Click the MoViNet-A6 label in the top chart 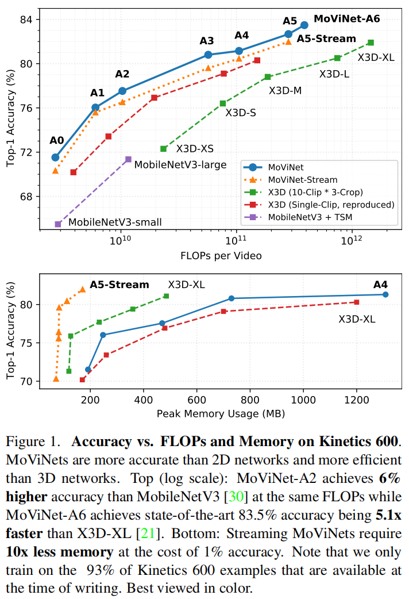[347, 18]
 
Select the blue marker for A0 [56, 158]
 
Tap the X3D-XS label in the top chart [195, 148]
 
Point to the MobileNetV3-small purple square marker [58, 224]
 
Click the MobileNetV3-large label [180, 165]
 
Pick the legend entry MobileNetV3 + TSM [308, 217]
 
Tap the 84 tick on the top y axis [29, 20]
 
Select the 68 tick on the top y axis [29, 197]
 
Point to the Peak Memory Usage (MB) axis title [221, 413]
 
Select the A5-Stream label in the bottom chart [119, 285]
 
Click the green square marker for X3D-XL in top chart [371, 43]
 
